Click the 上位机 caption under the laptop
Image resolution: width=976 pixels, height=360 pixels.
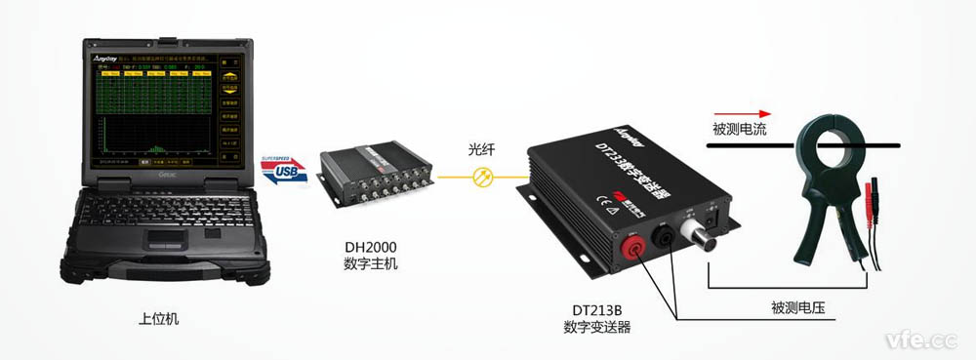pyautogui.click(x=160, y=319)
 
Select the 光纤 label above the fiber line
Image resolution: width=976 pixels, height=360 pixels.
pyautogui.click(x=480, y=149)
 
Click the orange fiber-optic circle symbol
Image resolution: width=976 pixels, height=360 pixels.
pyautogui.click(x=480, y=177)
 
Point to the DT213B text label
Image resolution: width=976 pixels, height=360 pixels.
pyautogui.click(x=596, y=310)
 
